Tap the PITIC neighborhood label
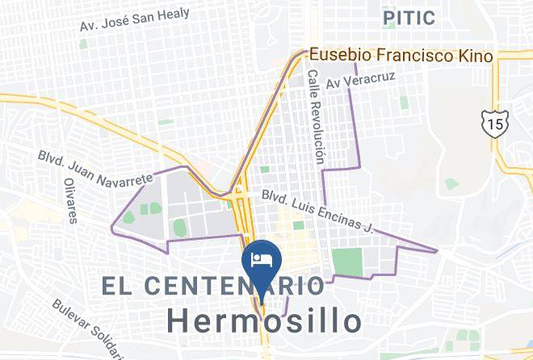click(x=409, y=17)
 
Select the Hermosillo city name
click(x=264, y=320)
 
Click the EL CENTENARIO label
click(x=213, y=285)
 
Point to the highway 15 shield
click(x=492, y=123)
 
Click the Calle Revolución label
click(x=315, y=116)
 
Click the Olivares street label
click(x=70, y=199)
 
